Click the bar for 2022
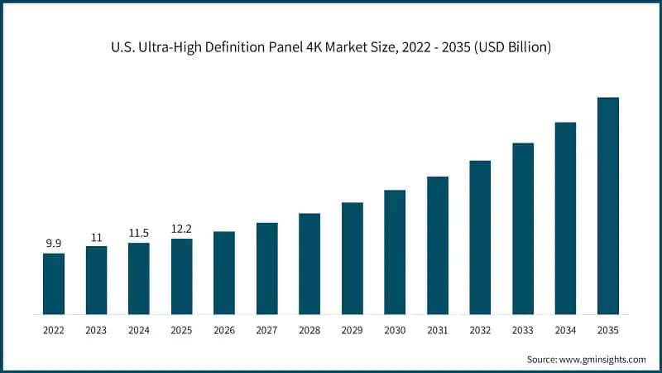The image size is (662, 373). (x=54, y=284)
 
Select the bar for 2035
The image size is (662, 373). (x=608, y=206)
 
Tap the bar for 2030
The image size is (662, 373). (x=395, y=253)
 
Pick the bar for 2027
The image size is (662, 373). (x=266, y=269)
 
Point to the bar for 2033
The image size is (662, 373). (x=523, y=229)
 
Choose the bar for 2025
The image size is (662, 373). (x=181, y=277)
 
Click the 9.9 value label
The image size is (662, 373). (x=54, y=243)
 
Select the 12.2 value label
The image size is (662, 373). (x=181, y=228)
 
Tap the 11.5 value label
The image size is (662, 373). (x=139, y=233)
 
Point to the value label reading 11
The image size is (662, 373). (x=96, y=236)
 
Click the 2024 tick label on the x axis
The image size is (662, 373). (x=139, y=330)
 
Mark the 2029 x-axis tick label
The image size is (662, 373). (x=353, y=330)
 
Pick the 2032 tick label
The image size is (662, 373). (x=480, y=330)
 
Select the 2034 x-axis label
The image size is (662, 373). (x=565, y=330)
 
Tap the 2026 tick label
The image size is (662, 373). (x=224, y=330)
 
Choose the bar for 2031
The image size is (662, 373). (x=438, y=245)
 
